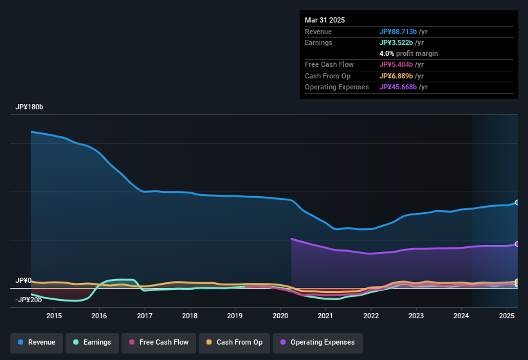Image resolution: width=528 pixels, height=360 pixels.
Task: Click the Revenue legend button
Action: pos(37,342)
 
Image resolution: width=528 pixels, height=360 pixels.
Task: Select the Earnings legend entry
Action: pos(91,342)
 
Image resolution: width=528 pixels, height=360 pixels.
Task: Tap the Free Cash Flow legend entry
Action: pos(159,342)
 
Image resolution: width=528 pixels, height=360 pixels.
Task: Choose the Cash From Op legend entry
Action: pos(234,342)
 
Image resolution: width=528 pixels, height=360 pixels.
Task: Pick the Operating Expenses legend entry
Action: pos(317,342)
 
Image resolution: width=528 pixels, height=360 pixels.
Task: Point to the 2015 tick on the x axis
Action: pos(54,316)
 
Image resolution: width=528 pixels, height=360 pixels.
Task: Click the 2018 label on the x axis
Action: pos(190,316)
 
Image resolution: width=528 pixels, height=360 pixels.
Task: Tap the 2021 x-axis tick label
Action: pos(325,316)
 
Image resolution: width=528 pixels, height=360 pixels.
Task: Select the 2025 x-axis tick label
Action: pos(507,316)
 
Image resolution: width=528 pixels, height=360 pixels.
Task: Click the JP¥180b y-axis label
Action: pos(29,107)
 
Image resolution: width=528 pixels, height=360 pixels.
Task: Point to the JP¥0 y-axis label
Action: pos(24,281)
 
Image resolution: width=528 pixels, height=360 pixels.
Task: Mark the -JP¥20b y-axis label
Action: pos(28,300)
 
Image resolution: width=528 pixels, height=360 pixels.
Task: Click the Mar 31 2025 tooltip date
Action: pos(325,20)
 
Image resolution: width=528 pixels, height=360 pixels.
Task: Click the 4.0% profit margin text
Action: pos(408,53)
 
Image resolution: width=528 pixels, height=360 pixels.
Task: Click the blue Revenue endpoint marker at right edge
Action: pos(516,203)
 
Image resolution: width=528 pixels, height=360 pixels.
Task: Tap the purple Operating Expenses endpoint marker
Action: pos(516,244)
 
